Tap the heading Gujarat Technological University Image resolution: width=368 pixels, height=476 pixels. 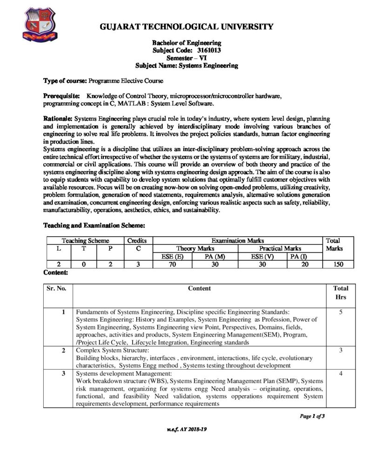[186, 26]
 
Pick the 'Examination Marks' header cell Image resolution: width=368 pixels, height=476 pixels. [238, 241]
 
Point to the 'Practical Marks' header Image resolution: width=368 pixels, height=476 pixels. [280, 249]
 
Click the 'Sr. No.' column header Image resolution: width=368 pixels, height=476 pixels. [57, 288]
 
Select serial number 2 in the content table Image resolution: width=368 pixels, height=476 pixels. [63, 350]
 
